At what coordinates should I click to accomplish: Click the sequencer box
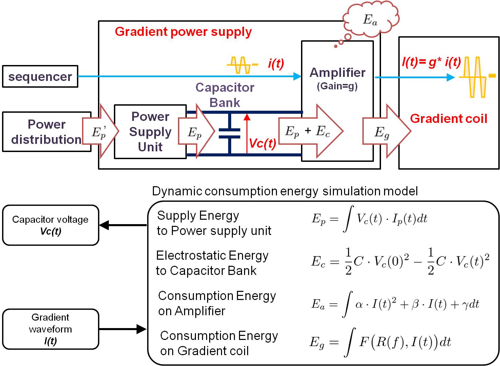pyautogui.click(x=40, y=77)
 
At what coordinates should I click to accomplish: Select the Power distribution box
pyautogui.click(x=46, y=132)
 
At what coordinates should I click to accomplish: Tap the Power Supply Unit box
pyautogui.click(x=150, y=132)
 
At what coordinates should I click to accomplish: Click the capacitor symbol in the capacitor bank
pyautogui.click(x=229, y=134)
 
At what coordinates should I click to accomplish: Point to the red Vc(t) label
pyautogui.click(x=262, y=144)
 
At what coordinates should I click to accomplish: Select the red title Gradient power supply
pyautogui.click(x=183, y=32)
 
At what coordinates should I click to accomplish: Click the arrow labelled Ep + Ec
pyautogui.click(x=309, y=131)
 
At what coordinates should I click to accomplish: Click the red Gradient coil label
pyautogui.click(x=448, y=119)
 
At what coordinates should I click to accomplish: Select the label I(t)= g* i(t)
pyautogui.click(x=431, y=62)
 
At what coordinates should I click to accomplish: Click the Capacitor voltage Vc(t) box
pyautogui.click(x=51, y=225)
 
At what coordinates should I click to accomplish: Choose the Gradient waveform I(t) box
pyautogui.click(x=51, y=329)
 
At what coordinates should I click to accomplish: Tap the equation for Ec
pyautogui.click(x=400, y=262)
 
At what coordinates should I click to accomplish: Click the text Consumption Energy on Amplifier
pyautogui.click(x=217, y=303)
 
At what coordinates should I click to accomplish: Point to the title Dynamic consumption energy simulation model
pyautogui.click(x=285, y=191)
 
